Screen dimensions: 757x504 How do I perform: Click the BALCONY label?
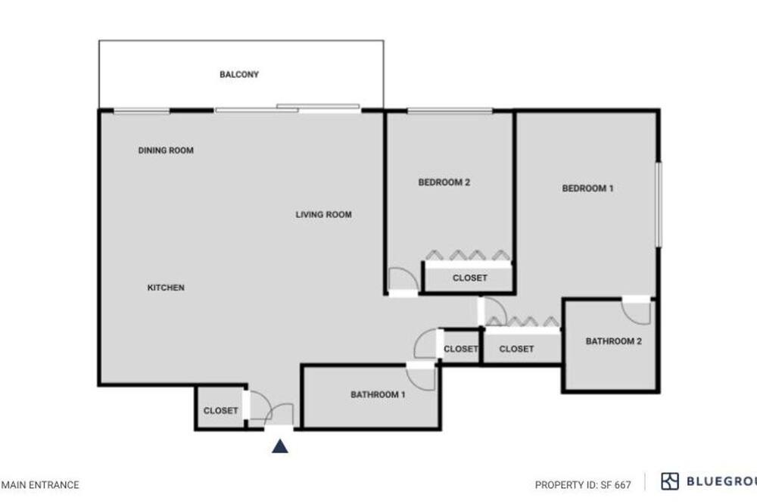click(x=239, y=74)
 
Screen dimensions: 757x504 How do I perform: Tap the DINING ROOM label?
click(x=166, y=150)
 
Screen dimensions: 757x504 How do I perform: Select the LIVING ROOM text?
click(x=323, y=214)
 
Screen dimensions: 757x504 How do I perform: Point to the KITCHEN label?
click(x=166, y=288)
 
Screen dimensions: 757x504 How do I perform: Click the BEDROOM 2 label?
click(x=444, y=182)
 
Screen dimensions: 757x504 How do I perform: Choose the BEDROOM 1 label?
click(x=587, y=188)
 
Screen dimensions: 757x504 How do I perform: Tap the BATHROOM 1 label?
click(x=378, y=394)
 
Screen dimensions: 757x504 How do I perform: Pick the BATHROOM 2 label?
click(x=613, y=341)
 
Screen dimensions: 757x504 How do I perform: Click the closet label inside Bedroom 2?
click(x=470, y=278)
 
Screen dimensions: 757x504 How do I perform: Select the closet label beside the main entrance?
click(x=220, y=410)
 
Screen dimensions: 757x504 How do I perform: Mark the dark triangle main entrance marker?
click(x=280, y=446)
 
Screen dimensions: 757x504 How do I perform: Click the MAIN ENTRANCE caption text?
click(x=39, y=484)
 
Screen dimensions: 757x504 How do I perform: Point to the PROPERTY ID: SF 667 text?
click(x=583, y=484)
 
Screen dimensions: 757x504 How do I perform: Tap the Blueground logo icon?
click(x=670, y=481)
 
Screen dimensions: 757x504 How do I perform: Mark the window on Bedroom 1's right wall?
click(x=659, y=204)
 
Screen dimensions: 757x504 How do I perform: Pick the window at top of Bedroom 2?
click(x=450, y=111)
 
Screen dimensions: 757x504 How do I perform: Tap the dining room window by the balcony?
click(x=142, y=111)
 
